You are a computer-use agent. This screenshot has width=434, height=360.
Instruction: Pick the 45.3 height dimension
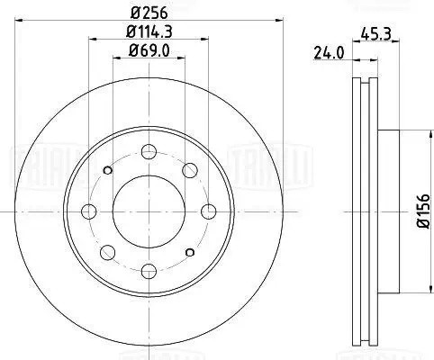tap(374, 32)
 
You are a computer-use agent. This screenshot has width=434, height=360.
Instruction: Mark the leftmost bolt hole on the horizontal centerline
tap(88, 211)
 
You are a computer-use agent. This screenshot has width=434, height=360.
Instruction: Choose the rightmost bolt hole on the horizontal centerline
tap(209, 211)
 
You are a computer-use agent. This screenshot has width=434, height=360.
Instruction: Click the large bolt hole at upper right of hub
tap(190, 170)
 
